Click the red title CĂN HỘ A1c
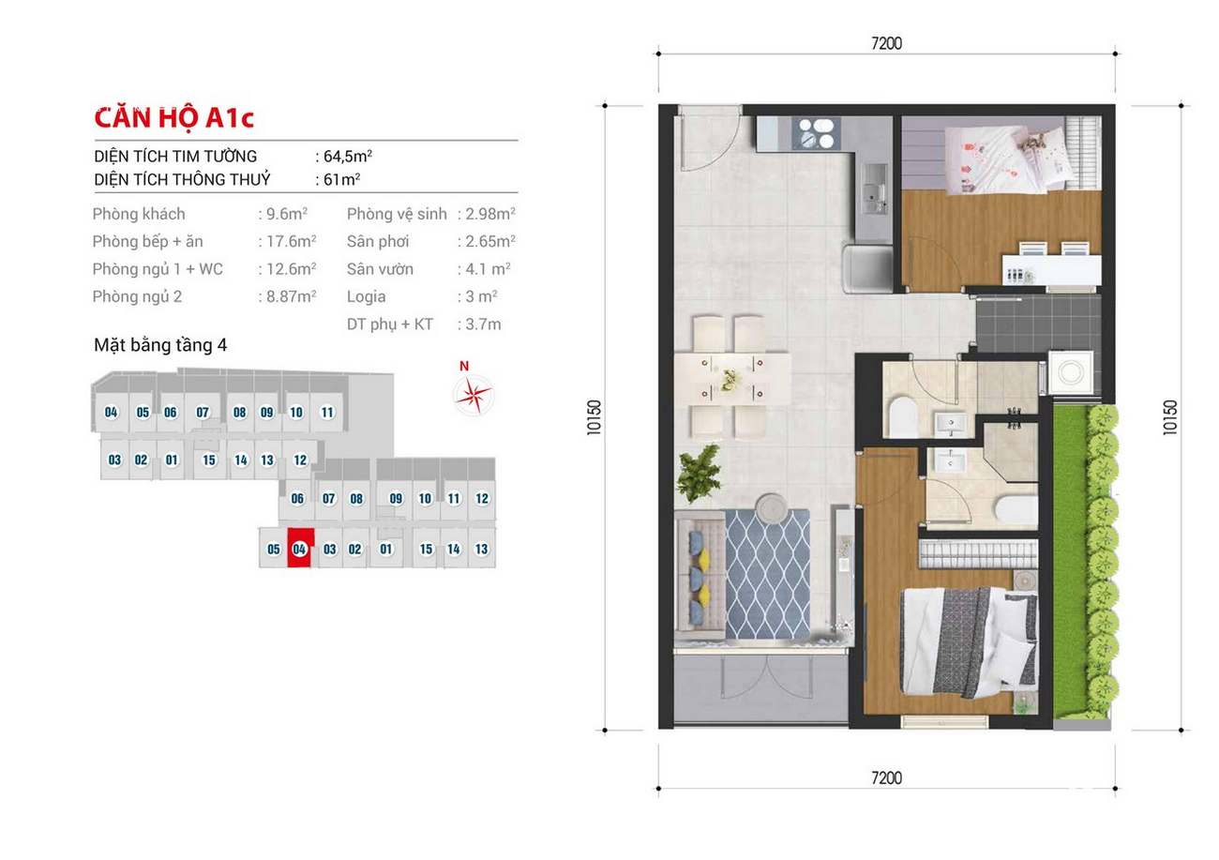173,118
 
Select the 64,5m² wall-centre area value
348,157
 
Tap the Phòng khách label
139,214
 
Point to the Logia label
367,296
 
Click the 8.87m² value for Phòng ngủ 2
291,296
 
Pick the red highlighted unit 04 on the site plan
300,548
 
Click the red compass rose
474,395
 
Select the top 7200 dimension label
886,43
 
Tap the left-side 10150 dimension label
594,417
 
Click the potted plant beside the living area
699,474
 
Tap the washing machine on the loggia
1071,372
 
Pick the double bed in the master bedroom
970,642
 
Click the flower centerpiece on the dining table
730,380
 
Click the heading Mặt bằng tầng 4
160,345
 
